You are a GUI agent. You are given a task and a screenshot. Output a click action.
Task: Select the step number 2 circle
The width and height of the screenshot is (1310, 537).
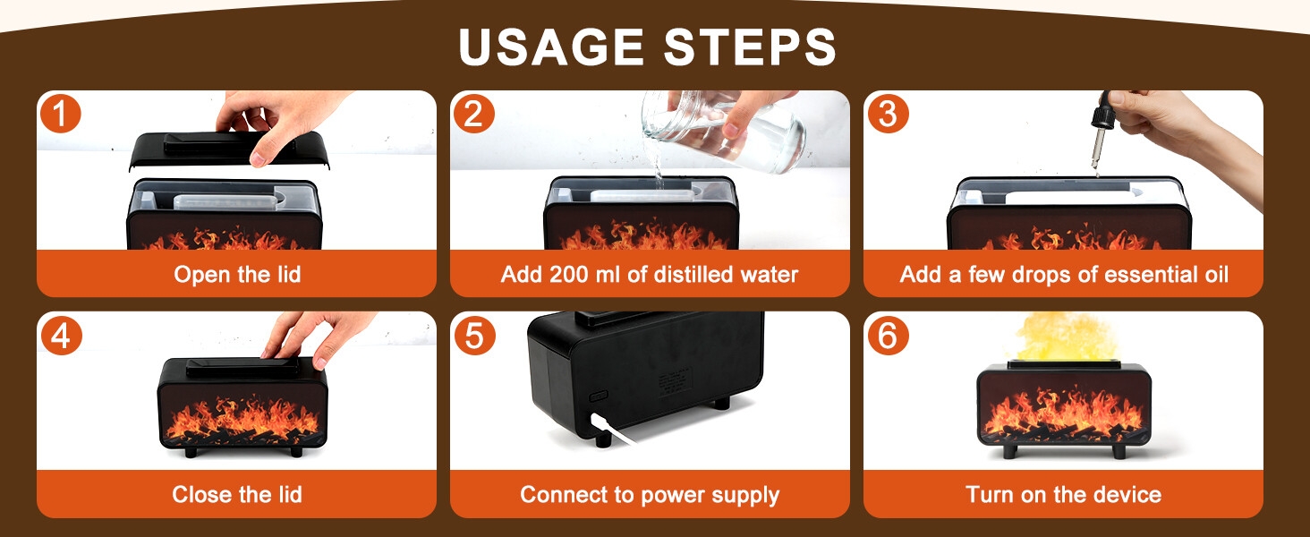pos(474,114)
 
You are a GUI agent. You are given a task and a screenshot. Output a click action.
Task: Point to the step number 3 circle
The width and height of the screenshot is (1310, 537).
pos(888,114)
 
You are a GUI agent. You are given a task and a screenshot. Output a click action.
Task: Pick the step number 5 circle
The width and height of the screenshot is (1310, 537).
pos(474,335)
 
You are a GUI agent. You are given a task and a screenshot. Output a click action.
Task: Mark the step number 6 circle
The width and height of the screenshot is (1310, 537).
pos(888,335)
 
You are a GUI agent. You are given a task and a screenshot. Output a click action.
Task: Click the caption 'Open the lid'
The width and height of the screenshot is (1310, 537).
pos(237,274)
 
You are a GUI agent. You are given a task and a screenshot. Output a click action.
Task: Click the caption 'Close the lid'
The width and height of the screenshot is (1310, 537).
pos(237,494)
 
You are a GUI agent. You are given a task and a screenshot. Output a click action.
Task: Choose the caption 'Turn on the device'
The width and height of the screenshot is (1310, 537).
pos(1063,494)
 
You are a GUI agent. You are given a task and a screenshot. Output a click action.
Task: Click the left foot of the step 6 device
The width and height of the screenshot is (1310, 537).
pos(1009,449)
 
